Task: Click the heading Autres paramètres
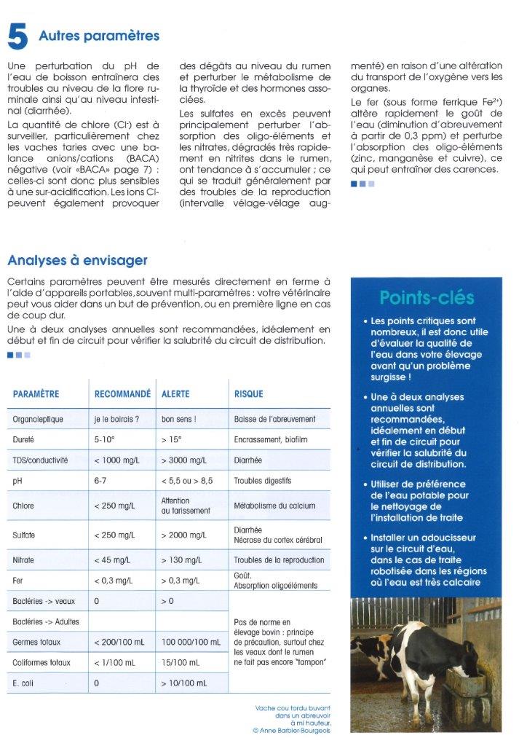(x=99, y=35)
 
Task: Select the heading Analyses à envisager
(x=77, y=259)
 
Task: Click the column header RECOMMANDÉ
(x=122, y=394)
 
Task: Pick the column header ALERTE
(x=175, y=394)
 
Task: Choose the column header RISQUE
(x=248, y=394)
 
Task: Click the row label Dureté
(x=25, y=440)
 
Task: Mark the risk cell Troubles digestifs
(x=262, y=482)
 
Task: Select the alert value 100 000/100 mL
(x=191, y=643)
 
